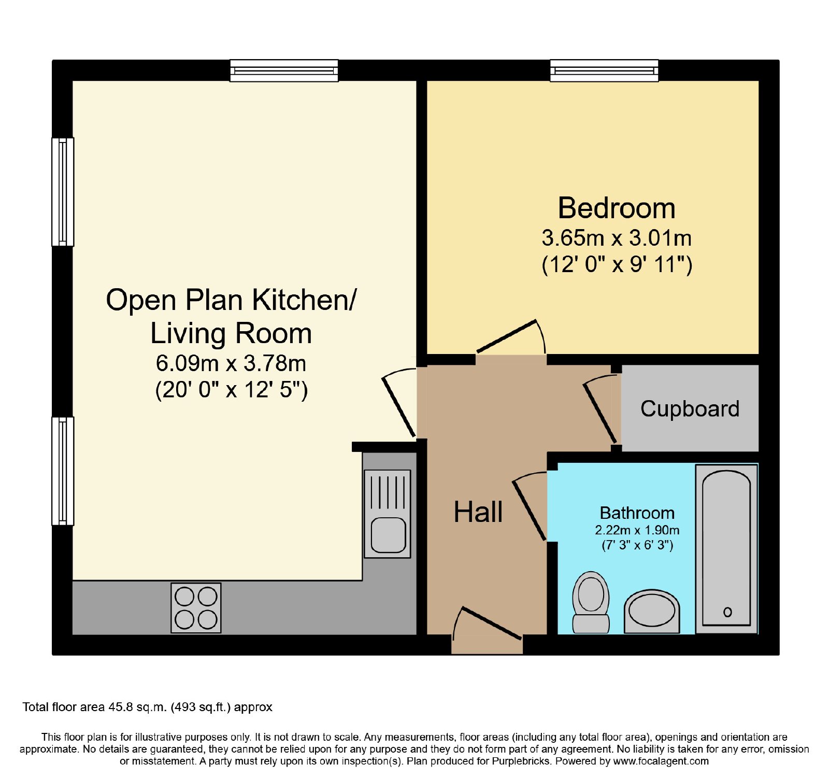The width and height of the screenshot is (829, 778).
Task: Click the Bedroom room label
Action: click(617, 208)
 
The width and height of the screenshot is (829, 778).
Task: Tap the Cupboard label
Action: click(690, 408)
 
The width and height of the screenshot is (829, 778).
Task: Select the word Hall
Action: click(478, 512)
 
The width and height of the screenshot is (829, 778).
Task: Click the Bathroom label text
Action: click(637, 513)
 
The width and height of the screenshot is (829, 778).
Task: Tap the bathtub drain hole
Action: click(727, 612)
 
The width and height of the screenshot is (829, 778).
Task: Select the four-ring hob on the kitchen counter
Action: click(196, 608)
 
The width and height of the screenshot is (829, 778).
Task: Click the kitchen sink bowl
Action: click(388, 535)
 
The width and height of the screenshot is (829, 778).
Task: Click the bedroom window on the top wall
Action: click(604, 70)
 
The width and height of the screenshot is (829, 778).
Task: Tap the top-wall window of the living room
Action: click(284, 70)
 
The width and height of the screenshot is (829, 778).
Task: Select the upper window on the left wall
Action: click(63, 192)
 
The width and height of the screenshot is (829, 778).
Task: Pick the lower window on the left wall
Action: click(63, 471)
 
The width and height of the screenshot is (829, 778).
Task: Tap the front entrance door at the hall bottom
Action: click(487, 624)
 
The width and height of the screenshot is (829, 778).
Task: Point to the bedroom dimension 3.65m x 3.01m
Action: click(617, 238)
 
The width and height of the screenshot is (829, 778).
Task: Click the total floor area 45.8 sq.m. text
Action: click(147, 707)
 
